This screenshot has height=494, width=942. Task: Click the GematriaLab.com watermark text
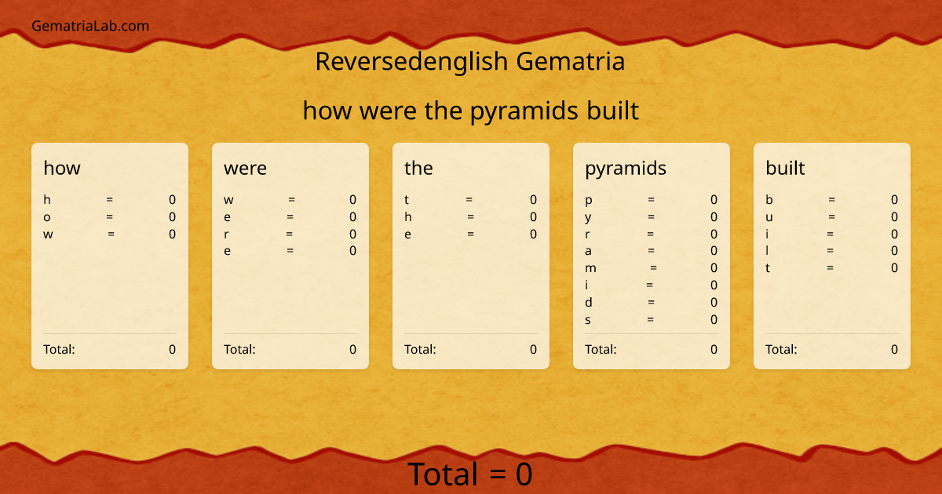90,26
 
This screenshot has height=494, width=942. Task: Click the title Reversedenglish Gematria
470,61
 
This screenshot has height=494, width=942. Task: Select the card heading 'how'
62,168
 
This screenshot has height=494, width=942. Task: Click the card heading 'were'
245,168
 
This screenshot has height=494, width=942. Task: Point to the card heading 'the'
418,168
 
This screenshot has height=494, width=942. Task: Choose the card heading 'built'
785,168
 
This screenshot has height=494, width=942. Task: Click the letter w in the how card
49,234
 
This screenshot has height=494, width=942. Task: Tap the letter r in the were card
227,234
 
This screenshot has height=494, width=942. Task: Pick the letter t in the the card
407,200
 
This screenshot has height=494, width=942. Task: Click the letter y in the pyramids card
589,217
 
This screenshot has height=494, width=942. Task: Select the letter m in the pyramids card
590,268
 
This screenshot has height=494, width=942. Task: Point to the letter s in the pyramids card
588,320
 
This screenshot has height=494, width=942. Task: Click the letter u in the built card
769,217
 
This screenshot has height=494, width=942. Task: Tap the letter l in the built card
768,251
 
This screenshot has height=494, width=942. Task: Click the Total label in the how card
59,349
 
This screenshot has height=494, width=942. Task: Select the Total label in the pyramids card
601,349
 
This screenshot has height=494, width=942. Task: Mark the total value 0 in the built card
894,349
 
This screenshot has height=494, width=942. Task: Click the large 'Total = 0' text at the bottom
470,474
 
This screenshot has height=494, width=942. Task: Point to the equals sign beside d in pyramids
651,303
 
